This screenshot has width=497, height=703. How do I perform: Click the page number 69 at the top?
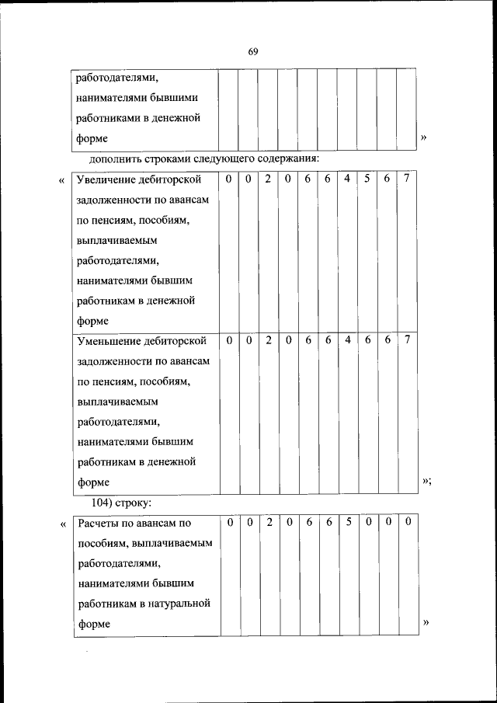pos(252,51)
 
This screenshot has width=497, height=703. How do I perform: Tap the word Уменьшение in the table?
pos(108,341)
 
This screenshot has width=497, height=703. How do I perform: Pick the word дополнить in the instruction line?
pos(114,160)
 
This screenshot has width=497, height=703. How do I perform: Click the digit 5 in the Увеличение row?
pos(367,179)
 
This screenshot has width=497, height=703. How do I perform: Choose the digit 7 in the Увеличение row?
pos(407,179)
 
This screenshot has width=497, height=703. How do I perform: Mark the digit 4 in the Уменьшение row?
pos(347,340)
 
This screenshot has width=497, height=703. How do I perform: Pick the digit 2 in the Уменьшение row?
pos(268,340)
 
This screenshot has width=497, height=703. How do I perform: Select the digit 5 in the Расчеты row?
pos(348,523)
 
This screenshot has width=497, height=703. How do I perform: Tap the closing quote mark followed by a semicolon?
pos(426,482)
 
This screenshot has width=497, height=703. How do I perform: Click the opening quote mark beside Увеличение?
pos(61,181)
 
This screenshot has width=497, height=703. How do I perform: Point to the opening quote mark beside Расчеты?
pos(61,525)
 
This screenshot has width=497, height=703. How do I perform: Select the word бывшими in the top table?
pos(180,98)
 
